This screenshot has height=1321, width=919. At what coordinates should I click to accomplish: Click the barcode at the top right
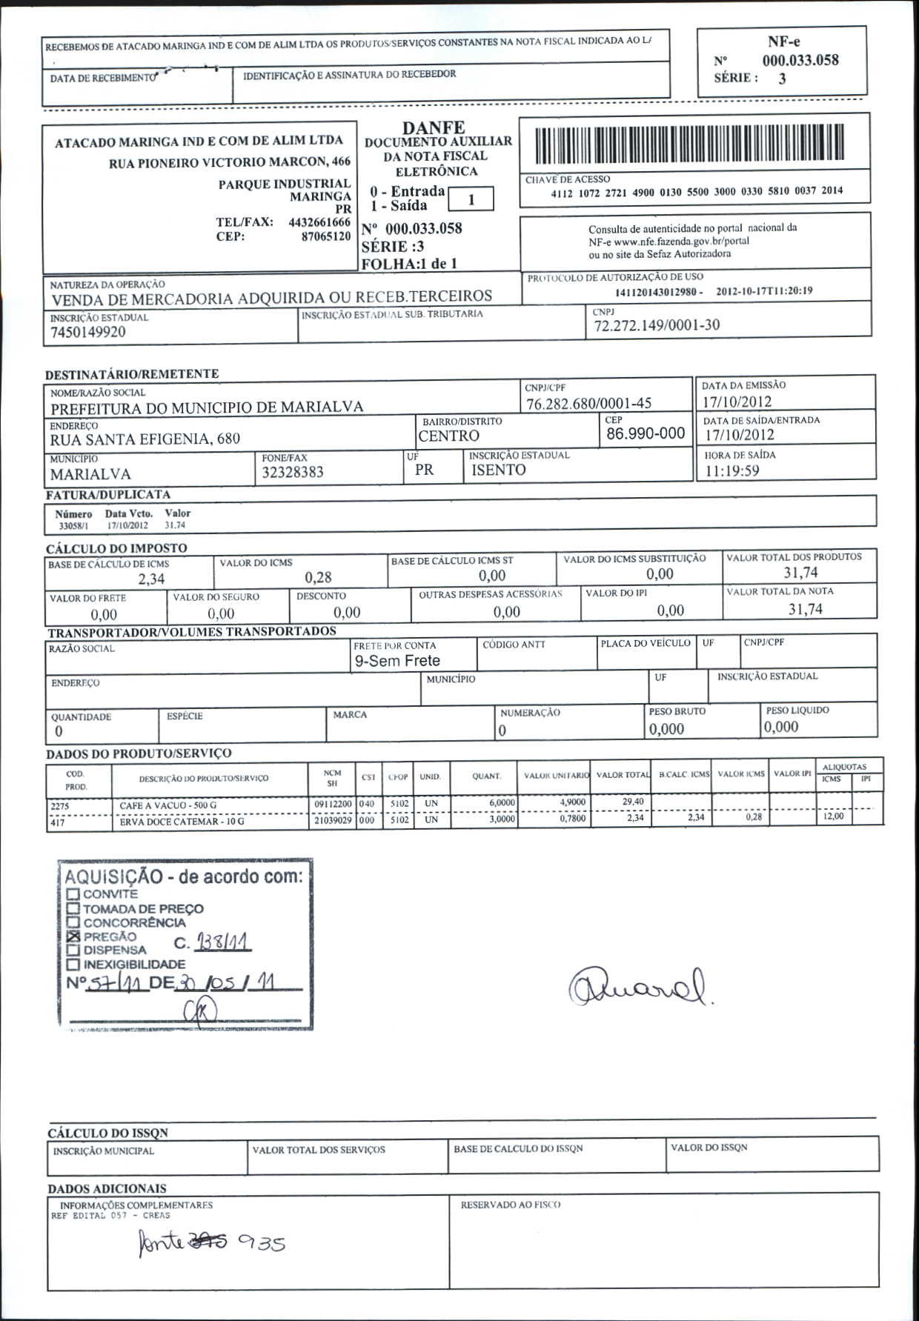pyautogui.click(x=689, y=143)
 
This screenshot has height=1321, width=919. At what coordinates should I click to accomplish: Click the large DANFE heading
pyautogui.click(x=434, y=128)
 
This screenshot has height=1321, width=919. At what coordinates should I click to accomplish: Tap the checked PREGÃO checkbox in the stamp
pyautogui.click(x=73, y=936)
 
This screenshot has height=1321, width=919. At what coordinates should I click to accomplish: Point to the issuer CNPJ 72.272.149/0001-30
pyautogui.click(x=657, y=325)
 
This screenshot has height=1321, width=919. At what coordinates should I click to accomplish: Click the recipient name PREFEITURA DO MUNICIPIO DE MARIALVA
pyautogui.click(x=207, y=407)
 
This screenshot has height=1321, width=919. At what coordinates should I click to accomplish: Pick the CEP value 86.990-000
pyautogui.click(x=645, y=433)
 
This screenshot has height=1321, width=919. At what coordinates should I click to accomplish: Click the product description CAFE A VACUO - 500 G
pyautogui.click(x=168, y=805)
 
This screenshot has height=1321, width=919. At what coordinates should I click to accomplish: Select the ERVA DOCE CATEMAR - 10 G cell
pyautogui.click(x=182, y=822)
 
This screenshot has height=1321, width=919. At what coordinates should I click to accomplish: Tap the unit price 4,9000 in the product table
pyautogui.click(x=572, y=802)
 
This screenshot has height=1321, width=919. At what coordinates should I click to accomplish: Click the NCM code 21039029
pyautogui.click(x=333, y=820)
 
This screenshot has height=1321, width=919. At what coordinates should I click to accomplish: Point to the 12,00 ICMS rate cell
pyautogui.click(x=833, y=816)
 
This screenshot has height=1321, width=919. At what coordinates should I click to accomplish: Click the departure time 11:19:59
pyautogui.click(x=732, y=471)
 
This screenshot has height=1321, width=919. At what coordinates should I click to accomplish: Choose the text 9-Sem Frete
pyautogui.click(x=397, y=661)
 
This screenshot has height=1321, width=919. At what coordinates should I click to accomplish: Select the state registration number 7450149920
pyautogui.click(x=88, y=332)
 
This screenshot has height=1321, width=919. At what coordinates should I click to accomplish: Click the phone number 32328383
pyautogui.click(x=293, y=473)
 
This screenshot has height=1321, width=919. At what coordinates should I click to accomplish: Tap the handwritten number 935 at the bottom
pyautogui.click(x=261, y=1243)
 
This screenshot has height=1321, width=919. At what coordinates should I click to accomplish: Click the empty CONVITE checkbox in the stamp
pyautogui.click(x=73, y=894)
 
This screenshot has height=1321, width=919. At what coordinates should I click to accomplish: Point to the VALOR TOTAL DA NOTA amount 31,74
pyautogui.click(x=805, y=609)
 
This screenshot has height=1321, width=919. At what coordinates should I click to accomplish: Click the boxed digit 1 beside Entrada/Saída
pyautogui.click(x=471, y=199)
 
